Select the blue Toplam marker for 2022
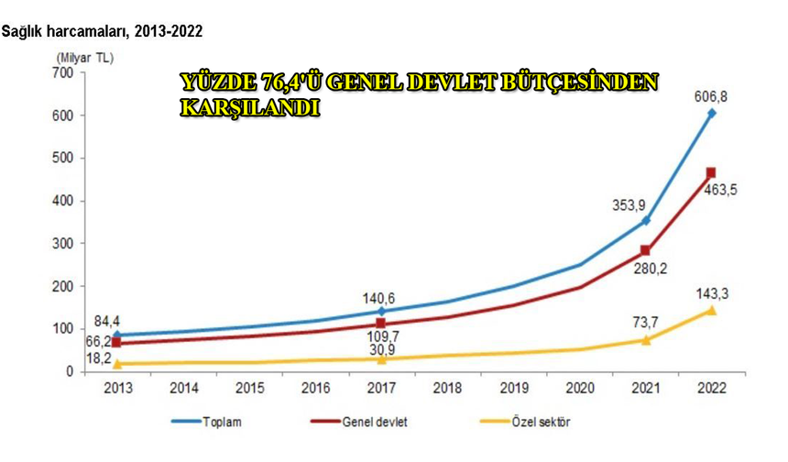click(x=711, y=113)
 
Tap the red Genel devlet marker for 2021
click(x=646, y=250)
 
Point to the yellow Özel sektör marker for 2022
click(x=711, y=310)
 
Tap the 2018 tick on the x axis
click(x=449, y=388)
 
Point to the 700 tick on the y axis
click(x=62, y=72)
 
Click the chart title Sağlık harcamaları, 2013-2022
click(x=102, y=31)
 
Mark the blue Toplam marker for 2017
click(x=380, y=311)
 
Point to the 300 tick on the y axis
click(x=62, y=243)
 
